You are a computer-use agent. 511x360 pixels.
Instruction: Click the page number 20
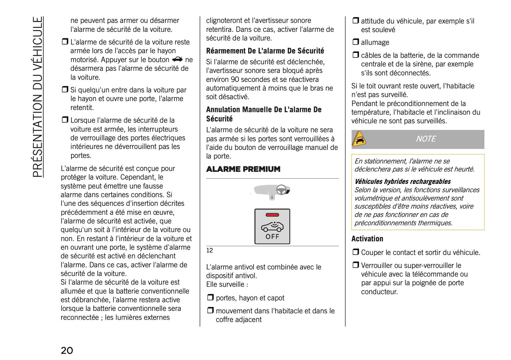click(67, 350)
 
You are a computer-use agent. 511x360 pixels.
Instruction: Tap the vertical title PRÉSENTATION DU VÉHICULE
click(37, 97)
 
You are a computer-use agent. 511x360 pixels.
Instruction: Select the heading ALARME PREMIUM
click(243, 169)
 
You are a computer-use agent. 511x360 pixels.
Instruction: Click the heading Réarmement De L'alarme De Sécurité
click(265, 51)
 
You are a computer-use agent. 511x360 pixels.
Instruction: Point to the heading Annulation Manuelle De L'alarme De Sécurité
click(263, 114)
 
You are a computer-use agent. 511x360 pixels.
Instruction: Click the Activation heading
click(367, 239)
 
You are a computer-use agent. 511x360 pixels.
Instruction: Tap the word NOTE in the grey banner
click(426, 139)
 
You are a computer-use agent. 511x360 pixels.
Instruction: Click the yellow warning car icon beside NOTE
click(359, 139)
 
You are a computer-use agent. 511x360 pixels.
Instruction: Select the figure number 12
click(209, 250)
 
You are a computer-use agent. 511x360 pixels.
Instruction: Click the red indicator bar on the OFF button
click(272, 215)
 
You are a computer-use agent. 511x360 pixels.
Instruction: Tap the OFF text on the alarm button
click(272, 237)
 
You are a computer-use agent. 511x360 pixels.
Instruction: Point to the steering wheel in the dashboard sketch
click(281, 190)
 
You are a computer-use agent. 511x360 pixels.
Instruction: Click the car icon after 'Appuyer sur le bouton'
click(177, 59)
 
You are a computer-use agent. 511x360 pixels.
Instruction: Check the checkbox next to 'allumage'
click(355, 42)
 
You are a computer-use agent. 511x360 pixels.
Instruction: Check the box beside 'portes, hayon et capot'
click(210, 297)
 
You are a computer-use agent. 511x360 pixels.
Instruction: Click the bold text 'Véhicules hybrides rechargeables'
click(402, 181)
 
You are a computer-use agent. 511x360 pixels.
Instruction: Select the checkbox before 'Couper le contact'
click(355, 252)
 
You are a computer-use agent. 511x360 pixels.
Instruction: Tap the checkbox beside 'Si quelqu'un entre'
click(65, 89)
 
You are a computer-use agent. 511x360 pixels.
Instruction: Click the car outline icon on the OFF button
click(272, 226)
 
